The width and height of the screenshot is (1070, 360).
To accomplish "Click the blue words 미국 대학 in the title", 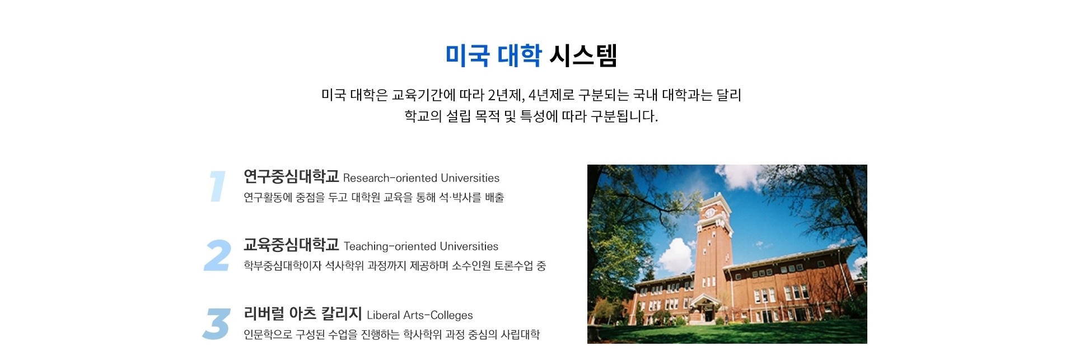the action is [493, 55].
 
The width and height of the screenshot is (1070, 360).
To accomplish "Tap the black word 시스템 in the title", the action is [583, 55].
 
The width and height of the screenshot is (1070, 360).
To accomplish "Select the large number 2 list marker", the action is [217, 255].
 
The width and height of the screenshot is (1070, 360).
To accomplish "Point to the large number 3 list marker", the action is [217, 324].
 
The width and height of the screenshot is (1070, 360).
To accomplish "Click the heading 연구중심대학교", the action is [291, 176].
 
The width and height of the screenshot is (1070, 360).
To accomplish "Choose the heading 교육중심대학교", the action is [291, 245].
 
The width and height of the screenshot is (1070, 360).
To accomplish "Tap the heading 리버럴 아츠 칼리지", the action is [302, 314].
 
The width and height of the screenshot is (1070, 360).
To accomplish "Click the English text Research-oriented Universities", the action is [421, 178].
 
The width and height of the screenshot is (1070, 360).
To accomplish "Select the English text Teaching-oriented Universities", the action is [421, 246].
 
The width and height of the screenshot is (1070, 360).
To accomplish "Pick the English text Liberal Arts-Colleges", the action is [420, 315].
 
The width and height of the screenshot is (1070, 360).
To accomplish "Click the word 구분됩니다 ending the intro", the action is [624, 116].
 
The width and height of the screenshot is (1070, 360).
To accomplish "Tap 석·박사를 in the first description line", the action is [460, 198].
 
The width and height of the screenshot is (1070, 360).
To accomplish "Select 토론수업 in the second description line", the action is [513, 266].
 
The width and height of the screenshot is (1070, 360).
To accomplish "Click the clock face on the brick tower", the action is [710, 213].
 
